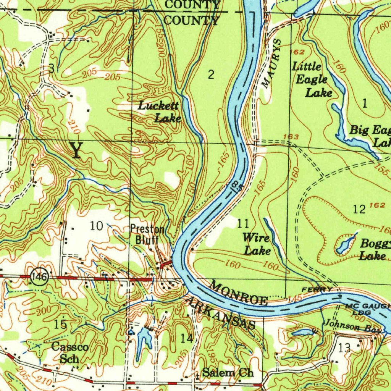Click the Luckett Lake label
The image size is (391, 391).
click(x=159, y=112)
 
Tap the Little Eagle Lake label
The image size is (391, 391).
click(x=311, y=79)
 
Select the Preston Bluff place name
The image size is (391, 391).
click(x=147, y=234)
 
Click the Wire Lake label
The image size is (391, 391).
click(x=257, y=244)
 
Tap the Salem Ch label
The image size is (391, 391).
click(x=228, y=373)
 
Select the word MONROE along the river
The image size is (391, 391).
click(x=239, y=293)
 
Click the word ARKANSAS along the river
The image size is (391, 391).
click(x=220, y=313)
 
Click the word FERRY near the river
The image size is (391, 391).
click(x=317, y=290)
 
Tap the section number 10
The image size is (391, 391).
click(x=97, y=226)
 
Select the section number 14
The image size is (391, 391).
click(x=187, y=338)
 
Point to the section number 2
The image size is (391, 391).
click(x=211, y=75)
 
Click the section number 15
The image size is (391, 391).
click(x=60, y=325)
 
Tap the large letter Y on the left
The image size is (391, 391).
click(x=76, y=150)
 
